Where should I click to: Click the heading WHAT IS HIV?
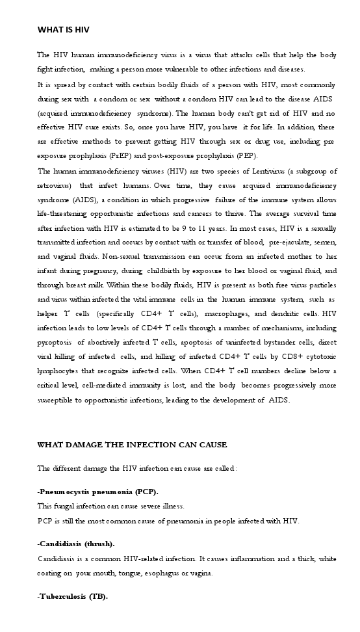point(64,29)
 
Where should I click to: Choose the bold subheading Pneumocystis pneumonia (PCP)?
point(98,491)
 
